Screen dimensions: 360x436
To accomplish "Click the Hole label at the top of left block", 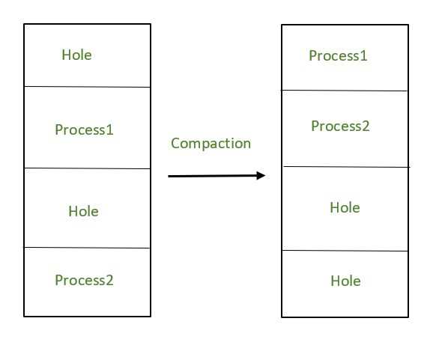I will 76,55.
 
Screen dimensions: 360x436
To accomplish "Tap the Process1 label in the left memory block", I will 84,129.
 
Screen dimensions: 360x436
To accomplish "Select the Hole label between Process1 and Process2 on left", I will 83,211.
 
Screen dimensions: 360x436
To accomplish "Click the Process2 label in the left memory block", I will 84,280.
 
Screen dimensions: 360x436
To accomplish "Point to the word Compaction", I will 211,143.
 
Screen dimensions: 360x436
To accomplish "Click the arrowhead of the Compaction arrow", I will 261,175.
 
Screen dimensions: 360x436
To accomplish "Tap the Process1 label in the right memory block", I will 338,55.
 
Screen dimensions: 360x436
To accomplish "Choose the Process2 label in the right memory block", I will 340,126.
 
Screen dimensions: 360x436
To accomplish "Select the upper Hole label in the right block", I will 345,207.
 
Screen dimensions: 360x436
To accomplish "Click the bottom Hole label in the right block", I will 345,281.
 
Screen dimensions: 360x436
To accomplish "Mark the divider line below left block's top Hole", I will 87,87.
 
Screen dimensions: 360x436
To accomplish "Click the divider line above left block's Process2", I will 87,248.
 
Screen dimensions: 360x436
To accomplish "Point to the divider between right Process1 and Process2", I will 345,91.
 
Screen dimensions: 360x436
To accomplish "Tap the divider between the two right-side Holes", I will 345,251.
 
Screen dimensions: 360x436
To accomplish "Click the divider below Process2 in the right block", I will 345,166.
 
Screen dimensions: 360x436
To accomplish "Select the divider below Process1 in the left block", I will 87,168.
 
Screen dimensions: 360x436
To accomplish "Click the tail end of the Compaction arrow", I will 170,176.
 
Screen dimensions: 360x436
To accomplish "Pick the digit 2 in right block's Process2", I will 366,126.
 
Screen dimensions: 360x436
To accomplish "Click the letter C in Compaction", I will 175,143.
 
